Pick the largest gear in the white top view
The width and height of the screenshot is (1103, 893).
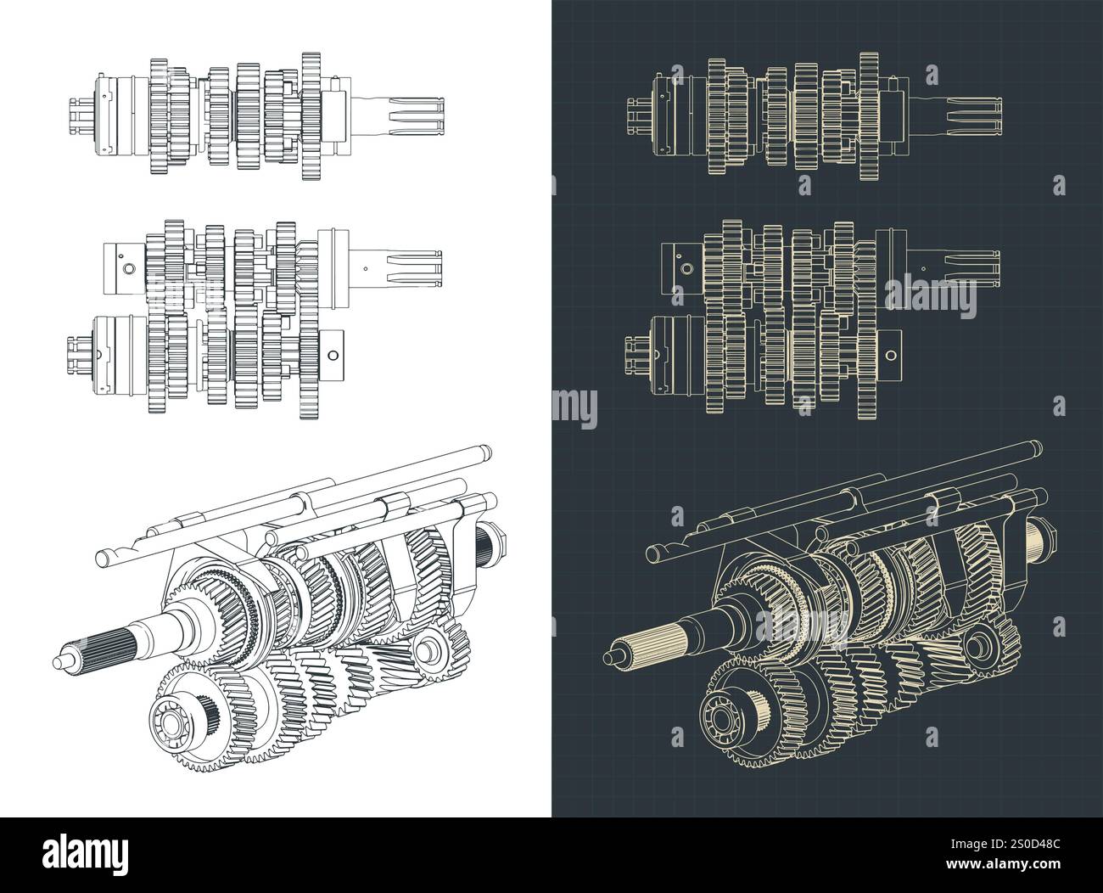(311, 116)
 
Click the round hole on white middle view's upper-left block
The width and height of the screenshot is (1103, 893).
(127, 268)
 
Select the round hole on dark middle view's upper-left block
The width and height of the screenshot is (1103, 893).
(684, 268)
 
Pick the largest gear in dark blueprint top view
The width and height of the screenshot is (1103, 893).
(867, 116)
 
